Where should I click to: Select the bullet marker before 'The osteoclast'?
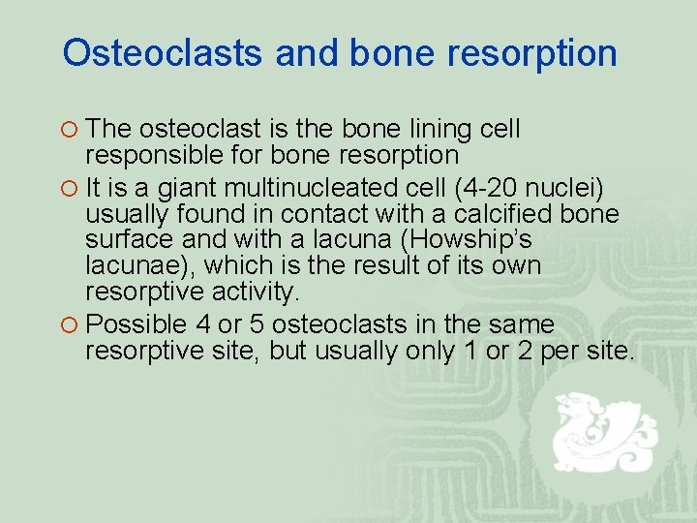(x=70, y=129)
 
